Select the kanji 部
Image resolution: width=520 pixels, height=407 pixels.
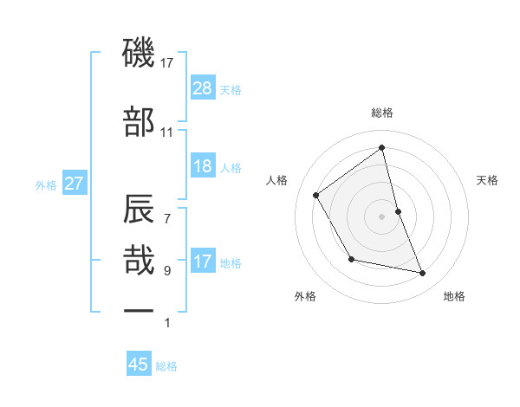(139, 123)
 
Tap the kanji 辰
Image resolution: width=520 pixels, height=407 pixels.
(139, 211)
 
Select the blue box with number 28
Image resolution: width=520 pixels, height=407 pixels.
(203, 88)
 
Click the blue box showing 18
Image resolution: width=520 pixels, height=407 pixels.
(203, 166)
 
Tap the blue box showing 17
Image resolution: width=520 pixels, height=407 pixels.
(203, 262)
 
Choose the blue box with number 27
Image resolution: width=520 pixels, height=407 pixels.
(75, 184)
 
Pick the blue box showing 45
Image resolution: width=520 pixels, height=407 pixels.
(139, 365)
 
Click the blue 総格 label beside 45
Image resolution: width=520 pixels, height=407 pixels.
(166, 366)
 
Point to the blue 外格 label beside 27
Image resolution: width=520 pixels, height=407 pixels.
(46, 184)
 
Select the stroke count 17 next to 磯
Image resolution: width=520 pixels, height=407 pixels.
(166, 62)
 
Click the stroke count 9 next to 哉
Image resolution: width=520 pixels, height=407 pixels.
(166, 271)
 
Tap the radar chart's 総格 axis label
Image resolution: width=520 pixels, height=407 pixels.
(382, 113)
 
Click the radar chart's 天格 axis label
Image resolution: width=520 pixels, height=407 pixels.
(487, 180)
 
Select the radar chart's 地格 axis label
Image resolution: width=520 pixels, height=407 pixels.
(454, 296)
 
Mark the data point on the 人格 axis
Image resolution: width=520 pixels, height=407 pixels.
(316, 195)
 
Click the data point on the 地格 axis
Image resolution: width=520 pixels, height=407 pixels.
(423, 273)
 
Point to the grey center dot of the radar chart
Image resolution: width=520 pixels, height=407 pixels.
(382, 216)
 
